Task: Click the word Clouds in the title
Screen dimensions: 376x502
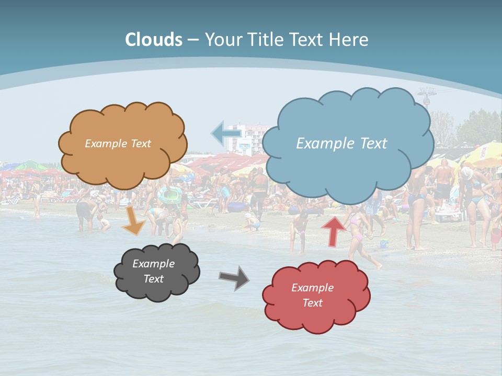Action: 153,40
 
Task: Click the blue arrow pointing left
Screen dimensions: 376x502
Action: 226,133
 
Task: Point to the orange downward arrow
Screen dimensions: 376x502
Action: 133,221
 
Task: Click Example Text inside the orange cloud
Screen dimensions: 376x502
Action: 118,144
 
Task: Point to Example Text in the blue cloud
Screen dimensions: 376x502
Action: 341,144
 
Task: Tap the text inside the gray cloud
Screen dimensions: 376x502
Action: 153,272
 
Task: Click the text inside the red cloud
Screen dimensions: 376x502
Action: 312,295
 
